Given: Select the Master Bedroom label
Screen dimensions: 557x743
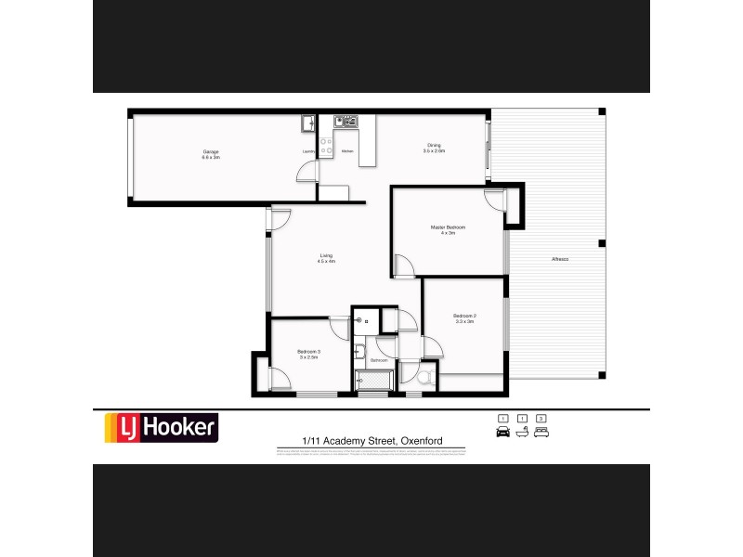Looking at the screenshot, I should click(x=448, y=227).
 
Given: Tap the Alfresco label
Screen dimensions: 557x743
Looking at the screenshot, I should click(x=559, y=258).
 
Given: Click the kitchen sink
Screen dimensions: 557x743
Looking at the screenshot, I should click(x=345, y=121).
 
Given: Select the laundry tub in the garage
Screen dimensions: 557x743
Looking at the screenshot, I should click(x=306, y=123).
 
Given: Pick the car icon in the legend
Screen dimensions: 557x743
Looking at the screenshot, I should click(x=503, y=433).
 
